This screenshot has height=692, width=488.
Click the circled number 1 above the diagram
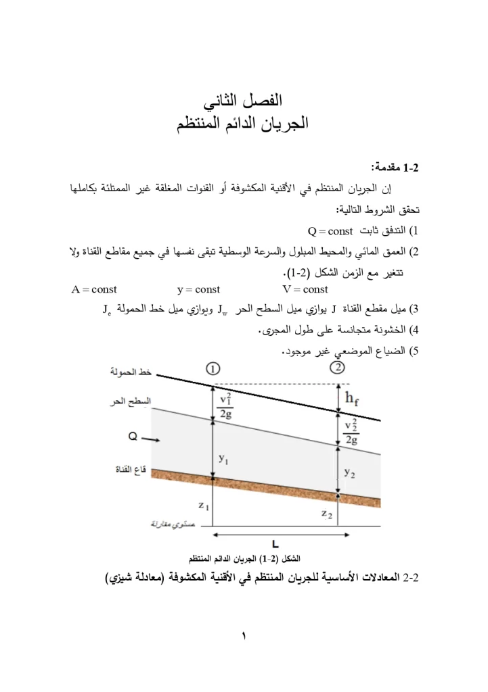pyautogui.click(x=213, y=369)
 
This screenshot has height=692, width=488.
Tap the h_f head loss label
pyautogui.click(x=352, y=398)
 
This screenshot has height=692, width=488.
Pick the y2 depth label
pyautogui.click(x=349, y=472)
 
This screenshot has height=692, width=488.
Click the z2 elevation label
pyautogui.click(x=327, y=514)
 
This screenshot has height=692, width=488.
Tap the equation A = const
pyautogui.click(x=93, y=289)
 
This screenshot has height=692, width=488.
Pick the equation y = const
pyautogui.click(x=198, y=289)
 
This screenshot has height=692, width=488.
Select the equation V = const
pyautogui.click(x=305, y=289)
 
